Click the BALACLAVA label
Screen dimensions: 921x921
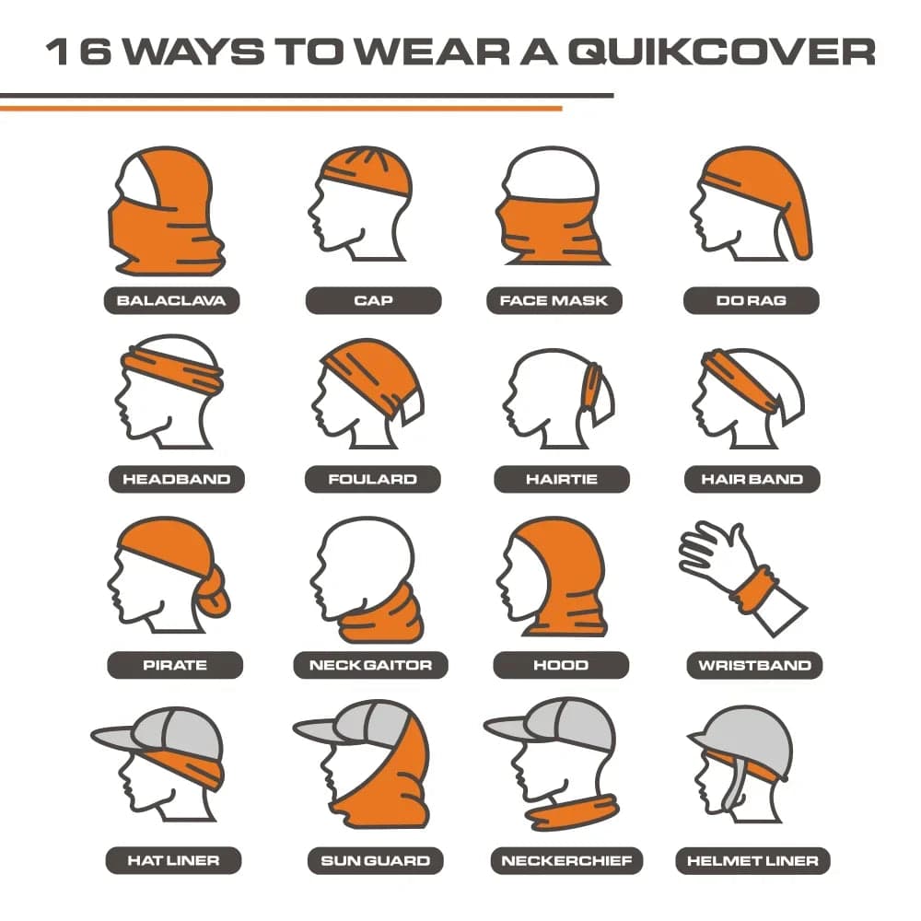pos(171,301)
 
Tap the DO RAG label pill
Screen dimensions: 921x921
pos(752,301)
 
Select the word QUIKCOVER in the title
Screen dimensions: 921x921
pos(722,52)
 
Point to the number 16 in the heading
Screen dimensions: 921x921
pos(78,52)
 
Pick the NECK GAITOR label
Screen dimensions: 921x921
pos(370,665)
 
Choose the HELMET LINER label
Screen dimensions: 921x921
pos(753,861)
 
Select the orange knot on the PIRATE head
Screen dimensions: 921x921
pos(213,593)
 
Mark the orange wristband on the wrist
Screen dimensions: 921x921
pos(754,589)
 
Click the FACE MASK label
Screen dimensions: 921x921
pos(554,301)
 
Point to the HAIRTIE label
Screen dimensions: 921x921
pos(562,479)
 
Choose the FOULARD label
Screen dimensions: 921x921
pos(372,479)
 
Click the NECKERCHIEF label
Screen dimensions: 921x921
pos(566,861)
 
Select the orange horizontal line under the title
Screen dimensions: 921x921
pos(281,109)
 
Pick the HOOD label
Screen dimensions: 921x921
pos(561,665)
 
